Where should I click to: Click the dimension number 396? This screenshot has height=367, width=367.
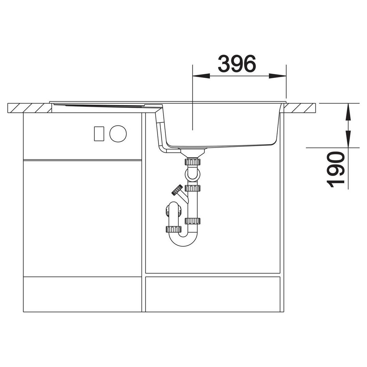pos(237,64)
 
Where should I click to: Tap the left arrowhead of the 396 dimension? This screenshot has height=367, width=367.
pos(201,76)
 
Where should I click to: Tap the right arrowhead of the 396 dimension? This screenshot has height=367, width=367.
pos(277,76)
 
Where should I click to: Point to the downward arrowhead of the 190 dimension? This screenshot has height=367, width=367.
pos(348,139)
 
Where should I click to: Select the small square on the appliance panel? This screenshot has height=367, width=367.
pos(99,134)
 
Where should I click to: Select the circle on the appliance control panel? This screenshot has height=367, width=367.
pos(118,134)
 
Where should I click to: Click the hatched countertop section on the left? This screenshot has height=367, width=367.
pos(30,108)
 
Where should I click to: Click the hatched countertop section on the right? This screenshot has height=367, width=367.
pos(300,108)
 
